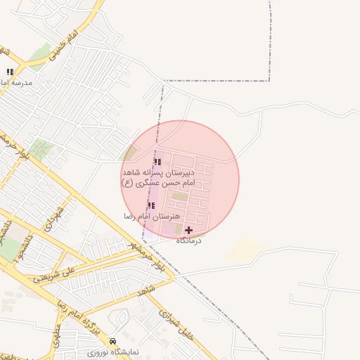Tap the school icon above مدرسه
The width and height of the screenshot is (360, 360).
click(x=10, y=72)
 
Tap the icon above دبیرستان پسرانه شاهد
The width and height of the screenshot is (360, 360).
click(x=157, y=162)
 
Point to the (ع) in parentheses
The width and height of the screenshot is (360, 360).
click(x=127, y=183)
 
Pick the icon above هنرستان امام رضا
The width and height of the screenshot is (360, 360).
click(x=151, y=205)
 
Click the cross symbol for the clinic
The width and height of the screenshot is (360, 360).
click(x=188, y=230)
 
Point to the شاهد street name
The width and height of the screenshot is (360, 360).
click(x=146, y=290)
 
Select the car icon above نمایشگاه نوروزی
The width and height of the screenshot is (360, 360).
click(x=104, y=340)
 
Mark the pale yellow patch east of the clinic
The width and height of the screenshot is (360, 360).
click(x=246, y=248)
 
